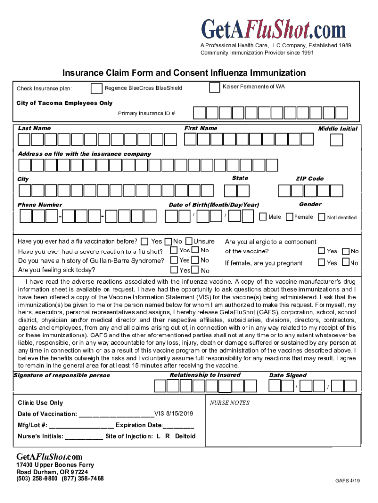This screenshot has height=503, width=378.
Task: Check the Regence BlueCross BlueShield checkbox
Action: point(97,88)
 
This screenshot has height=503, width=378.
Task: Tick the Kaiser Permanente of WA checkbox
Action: point(215,87)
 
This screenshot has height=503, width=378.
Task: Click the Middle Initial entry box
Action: point(336,140)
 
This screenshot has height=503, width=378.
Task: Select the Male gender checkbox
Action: point(263,217)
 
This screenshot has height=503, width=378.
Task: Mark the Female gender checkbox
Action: point(290,217)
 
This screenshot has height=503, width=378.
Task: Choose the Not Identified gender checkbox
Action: point(322,217)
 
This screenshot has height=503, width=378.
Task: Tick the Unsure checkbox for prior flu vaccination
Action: point(190,241)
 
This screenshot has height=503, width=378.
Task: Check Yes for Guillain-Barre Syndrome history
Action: point(174,260)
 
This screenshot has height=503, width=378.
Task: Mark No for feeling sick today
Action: point(195,270)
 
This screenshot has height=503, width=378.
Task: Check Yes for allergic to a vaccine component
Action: point(322,251)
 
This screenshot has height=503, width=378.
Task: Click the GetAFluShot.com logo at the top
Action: point(274,29)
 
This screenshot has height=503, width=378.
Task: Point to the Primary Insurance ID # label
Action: point(147,113)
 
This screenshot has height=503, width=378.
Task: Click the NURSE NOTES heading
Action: point(229,403)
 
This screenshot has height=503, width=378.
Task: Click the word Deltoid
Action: point(185,436)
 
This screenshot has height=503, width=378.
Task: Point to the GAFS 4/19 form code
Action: point(348,481)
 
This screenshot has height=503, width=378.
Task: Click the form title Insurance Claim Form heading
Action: point(184,73)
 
